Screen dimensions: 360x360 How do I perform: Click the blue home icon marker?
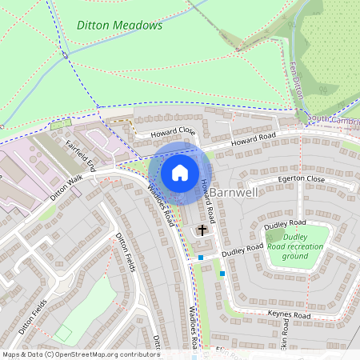(180, 172)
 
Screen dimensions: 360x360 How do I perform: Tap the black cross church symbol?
(202, 230)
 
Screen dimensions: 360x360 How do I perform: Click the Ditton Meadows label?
(120, 26)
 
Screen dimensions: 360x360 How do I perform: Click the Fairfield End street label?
(81, 156)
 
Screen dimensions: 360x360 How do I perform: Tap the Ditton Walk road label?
(66, 187)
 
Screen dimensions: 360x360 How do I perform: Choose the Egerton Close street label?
(302, 180)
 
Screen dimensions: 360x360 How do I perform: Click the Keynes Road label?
(289, 315)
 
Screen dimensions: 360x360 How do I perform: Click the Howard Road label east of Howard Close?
(254, 140)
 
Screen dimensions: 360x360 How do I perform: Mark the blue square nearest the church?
(201, 258)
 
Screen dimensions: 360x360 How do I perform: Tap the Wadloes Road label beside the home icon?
(162, 202)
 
